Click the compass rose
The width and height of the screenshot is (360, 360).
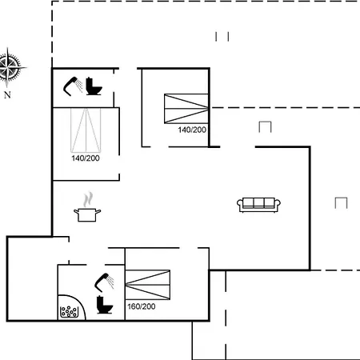point(10,67)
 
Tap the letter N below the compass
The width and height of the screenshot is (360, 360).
point(7,94)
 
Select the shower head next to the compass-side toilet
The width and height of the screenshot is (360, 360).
point(73,86)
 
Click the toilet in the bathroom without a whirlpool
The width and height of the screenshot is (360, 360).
point(94,86)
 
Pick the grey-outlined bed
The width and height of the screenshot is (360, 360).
point(86,130)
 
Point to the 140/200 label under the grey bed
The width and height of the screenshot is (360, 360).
point(86,158)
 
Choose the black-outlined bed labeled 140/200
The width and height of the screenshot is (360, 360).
point(186,109)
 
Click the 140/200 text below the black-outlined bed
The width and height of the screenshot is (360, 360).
point(192,130)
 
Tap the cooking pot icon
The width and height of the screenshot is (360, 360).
point(87,215)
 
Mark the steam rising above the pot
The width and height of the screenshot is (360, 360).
point(88,199)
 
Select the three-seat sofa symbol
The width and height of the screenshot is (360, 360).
point(258,205)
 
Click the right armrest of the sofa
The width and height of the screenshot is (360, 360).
point(278,204)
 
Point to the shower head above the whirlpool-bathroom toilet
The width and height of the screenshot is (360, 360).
point(104,282)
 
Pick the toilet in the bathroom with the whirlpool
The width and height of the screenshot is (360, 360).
point(105,305)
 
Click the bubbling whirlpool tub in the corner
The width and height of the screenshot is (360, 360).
point(70,309)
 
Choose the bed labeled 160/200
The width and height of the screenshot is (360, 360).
point(147,285)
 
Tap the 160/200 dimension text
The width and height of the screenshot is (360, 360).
point(142,306)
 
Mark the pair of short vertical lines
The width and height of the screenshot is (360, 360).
point(222,37)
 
